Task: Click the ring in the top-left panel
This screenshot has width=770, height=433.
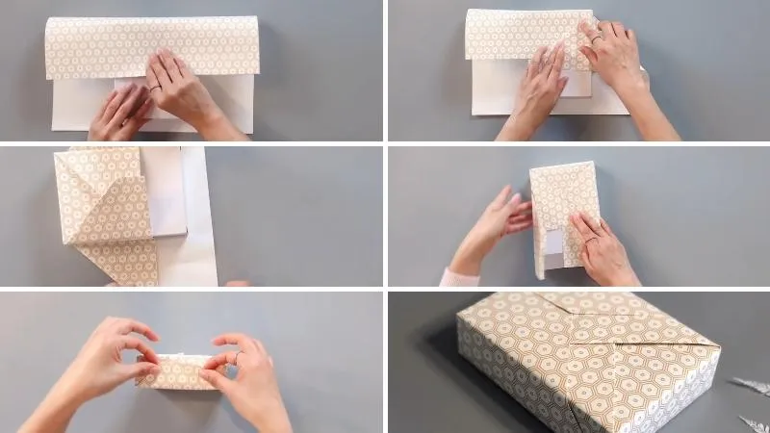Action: point(155,88)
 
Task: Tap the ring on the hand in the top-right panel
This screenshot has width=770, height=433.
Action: point(596,40)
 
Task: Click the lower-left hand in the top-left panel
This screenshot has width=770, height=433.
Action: point(120,114)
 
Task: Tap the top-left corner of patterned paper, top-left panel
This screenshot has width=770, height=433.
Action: point(47,21)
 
